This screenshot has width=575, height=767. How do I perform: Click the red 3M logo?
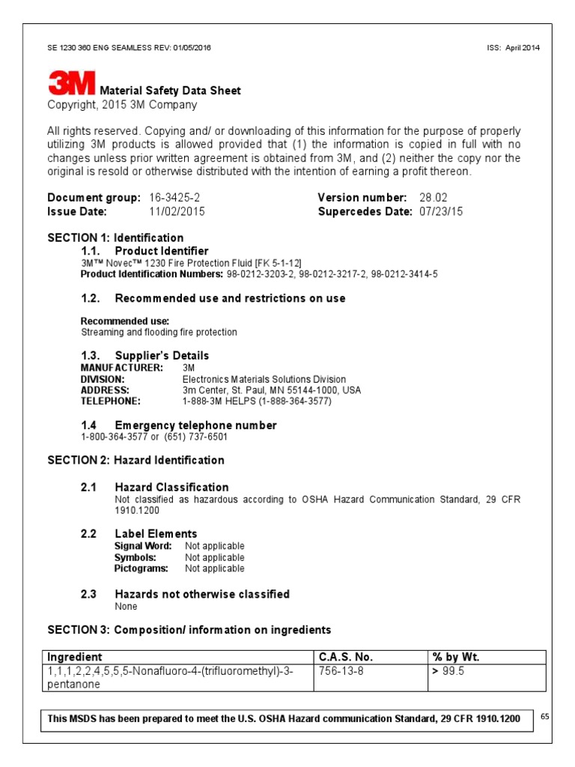pos(72,83)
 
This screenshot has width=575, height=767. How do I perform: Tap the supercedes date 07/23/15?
pos(441,211)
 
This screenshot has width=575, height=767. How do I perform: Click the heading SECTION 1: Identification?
pos(115,238)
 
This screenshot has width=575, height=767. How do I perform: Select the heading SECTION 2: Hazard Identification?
pos(136,460)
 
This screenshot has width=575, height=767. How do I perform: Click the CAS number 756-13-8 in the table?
pos(341,671)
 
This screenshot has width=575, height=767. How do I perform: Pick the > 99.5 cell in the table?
pos(448,671)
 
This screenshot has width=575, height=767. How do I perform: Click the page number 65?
pos(545,717)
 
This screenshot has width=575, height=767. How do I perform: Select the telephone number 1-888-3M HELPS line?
pos(256,401)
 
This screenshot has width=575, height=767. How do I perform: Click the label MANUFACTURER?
pos(121,368)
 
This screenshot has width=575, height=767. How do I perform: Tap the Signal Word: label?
pos(143,546)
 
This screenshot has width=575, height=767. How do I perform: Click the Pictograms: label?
pos(141,569)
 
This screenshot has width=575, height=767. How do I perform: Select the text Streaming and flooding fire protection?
pos(159,332)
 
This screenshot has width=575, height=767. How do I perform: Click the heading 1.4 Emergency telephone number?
pos(179,425)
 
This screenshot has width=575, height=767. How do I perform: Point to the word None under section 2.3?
pos(126,606)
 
